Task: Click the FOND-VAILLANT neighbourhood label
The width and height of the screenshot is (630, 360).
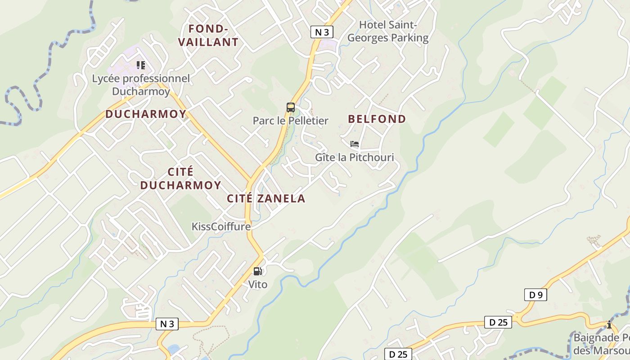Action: [208, 36]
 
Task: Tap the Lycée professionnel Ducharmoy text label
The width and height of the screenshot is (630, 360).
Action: [141, 85]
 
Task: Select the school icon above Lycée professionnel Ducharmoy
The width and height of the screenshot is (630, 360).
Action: [141, 66]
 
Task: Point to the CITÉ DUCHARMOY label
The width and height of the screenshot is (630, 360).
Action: [180, 179]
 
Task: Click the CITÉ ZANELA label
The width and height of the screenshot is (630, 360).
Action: [266, 198]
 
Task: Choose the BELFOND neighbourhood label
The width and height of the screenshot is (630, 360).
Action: [377, 119]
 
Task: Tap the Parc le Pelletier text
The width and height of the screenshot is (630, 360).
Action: [290, 121]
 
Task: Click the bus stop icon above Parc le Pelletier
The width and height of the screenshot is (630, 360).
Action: [291, 108]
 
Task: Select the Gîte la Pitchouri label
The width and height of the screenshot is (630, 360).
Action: [354, 157]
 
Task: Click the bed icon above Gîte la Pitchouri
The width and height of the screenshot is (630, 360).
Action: [355, 144]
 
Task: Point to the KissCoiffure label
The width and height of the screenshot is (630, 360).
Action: [221, 226]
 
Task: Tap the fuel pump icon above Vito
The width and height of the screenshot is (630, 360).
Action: [258, 271]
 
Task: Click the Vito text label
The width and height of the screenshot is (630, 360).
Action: [258, 284]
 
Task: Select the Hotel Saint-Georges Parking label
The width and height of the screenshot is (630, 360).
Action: [388, 31]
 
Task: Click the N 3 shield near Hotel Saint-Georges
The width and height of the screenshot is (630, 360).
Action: [322, 32]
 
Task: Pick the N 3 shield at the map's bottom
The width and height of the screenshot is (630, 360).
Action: [167, 324]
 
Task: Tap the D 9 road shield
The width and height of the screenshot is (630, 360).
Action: [535, 295]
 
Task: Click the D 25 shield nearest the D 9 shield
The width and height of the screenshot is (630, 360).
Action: [498, 322]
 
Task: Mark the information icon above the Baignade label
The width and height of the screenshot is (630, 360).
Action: [609, 324]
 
